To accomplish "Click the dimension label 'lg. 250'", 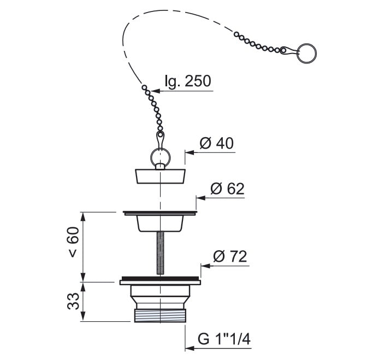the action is pyautogui.click(x=188, y=81).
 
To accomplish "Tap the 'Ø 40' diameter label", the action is pyautogui.click(x=216, y=143).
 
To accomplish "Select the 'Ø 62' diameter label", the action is pyautogui.click(x=227, y=188).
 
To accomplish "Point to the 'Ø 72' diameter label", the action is pyautogui.click(x=230, y=256).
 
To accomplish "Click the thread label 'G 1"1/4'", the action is pyautogui.click(x=224, y=339).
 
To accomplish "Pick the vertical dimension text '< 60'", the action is pyautogui.click(x=73, y=242).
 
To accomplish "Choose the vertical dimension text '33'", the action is pyautogui.click(x=73, y=301).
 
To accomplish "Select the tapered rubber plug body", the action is pyautogui.click(x=161, y=176).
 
